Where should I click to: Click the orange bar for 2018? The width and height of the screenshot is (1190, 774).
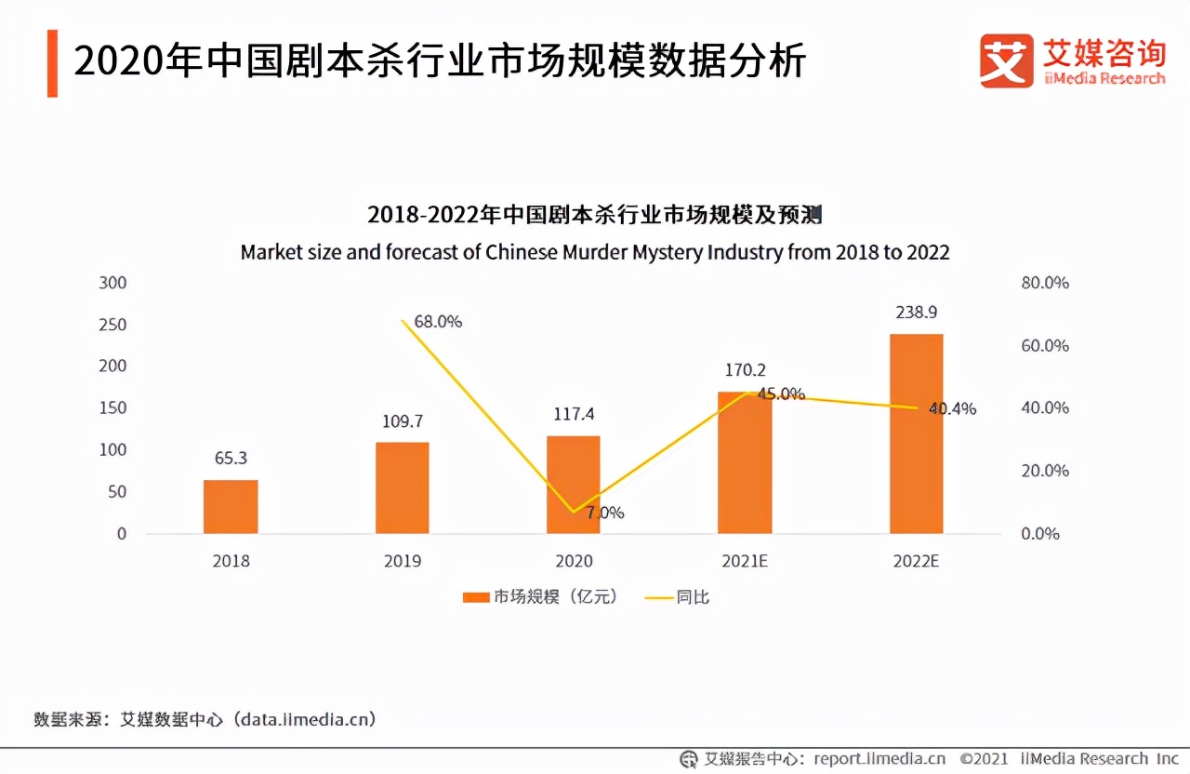[x=231, y=507]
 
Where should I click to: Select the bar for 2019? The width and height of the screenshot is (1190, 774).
[x=403, y=487]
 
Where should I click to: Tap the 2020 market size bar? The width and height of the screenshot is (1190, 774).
[x=574, y=485]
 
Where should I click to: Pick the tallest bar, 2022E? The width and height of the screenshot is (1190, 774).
[x=916, y=434]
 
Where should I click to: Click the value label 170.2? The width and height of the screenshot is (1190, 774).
[x=746, y=370]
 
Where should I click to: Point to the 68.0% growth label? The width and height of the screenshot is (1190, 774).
[x=438, y=322]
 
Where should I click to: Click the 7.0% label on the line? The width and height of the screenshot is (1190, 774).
[x=605, y=513]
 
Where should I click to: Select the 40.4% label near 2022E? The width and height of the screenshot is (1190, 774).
[x=953, y=408]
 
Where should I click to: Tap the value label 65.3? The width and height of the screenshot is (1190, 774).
[x=231, y=459]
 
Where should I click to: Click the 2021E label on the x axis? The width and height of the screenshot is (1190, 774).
[x=746, y=561]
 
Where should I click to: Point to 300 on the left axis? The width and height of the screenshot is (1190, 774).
[x=112, y=283]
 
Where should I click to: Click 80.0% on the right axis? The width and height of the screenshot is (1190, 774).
[x=1045, y=283]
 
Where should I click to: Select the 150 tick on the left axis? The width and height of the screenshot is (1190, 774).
[x=112, y=408]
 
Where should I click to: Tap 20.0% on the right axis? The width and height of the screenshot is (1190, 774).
[x=1045, y=471]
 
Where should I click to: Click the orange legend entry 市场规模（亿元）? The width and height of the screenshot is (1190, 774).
[x=540, y=596]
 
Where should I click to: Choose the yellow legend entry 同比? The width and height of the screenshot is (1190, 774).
[x=678, y=596]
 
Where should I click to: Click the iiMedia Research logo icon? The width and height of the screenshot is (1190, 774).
[x=1006, y=61]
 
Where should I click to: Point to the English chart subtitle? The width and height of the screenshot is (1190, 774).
[x=595, y=252]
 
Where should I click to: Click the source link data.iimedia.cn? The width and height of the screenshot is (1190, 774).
[x=305, y=719]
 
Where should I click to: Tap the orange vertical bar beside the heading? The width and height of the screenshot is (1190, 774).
[x=52, y=63]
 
